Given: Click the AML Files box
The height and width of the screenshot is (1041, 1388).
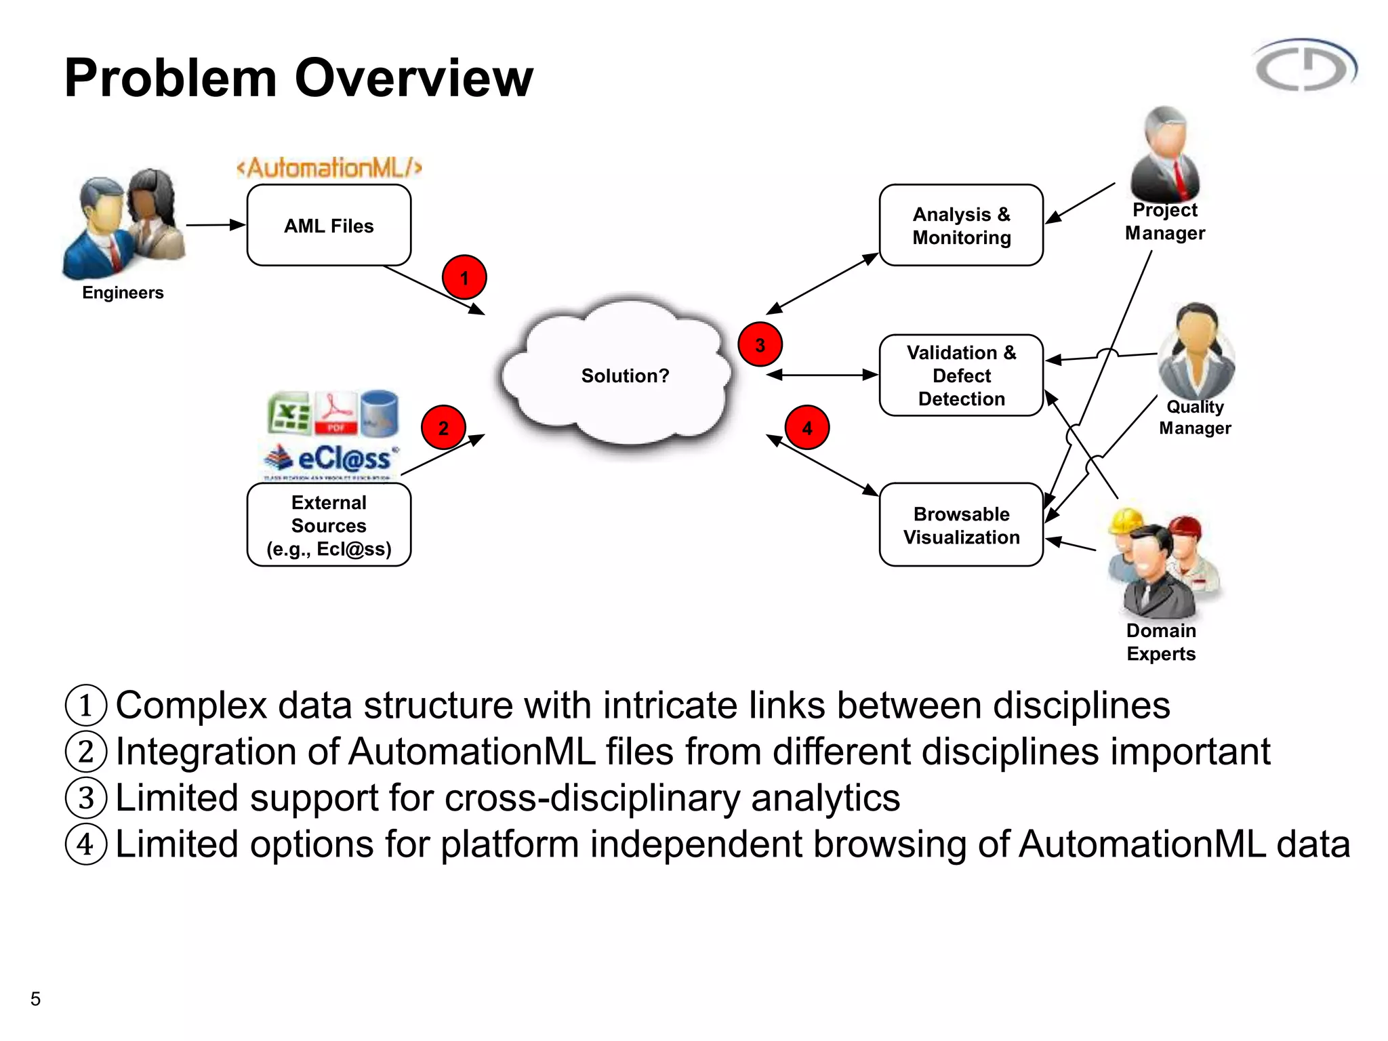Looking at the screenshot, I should (329, 225).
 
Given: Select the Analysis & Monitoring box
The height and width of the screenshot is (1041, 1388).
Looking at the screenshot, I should (960, 225).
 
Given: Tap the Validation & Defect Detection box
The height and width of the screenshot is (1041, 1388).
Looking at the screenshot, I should (960, 375).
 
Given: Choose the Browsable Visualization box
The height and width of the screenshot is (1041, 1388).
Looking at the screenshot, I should (960, 525).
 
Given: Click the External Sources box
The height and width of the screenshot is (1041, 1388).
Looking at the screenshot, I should (329, 525).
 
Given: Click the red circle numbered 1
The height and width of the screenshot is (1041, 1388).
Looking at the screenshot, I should (464, 277).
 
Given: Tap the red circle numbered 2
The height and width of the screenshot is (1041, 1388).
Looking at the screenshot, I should (443, 428).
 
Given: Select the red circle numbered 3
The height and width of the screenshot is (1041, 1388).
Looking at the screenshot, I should (760, 345).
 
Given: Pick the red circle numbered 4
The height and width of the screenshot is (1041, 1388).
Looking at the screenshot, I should (807, 428).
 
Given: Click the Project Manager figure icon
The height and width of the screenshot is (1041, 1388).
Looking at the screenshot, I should (1164, 155).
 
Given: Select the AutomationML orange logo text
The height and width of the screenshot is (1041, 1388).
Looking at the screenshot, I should (329, 167).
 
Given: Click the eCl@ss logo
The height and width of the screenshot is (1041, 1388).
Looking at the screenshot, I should (332, 459).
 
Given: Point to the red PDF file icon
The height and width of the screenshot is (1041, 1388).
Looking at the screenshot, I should (335, 412).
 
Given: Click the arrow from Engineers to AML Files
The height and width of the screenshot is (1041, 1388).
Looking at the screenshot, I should (216, 224).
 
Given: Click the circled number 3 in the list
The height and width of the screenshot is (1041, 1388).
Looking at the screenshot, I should (86, 798).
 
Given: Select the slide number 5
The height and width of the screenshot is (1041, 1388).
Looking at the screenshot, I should (35, 998).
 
